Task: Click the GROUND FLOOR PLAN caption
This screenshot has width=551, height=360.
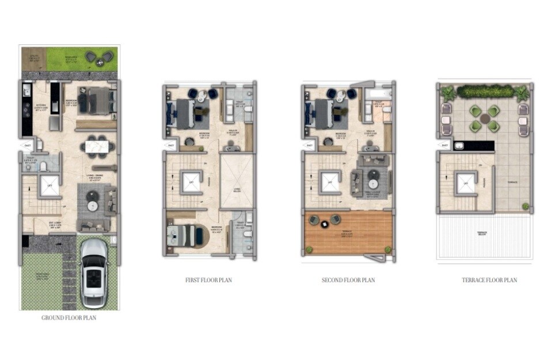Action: coord(69,317)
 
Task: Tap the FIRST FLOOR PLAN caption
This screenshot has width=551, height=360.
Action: coord(208,281)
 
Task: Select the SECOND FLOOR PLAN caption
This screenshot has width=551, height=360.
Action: coord(348,281)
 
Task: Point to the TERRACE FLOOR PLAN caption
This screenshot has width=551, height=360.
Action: coord(489,281)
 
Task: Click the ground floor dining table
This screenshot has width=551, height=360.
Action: coord(97,146)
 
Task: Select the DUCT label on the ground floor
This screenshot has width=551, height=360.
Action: coord(27,146)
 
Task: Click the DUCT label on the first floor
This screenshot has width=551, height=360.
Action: coord(170,146)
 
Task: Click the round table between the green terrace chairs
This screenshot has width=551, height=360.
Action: coord(485,118)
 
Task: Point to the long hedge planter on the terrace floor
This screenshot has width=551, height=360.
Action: coord(485,92)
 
